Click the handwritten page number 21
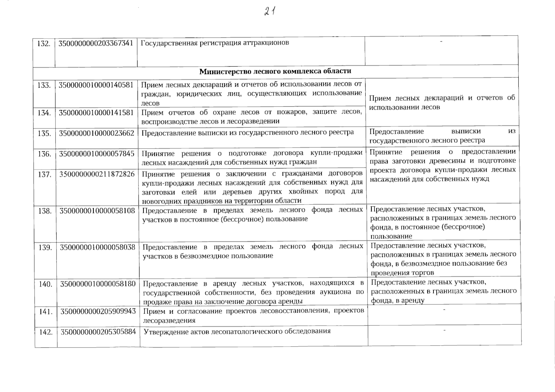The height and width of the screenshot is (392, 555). click(269, 12)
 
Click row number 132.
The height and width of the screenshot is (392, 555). click(44, 43)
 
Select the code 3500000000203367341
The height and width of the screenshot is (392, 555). click(96, 43)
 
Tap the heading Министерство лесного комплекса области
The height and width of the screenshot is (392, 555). click(275, 71)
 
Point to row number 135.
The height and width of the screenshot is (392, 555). click(44, 134)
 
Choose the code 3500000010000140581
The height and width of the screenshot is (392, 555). click(96, 85)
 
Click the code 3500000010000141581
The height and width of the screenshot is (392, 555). click(96, 113)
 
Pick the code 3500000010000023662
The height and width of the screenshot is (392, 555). click(96, 133)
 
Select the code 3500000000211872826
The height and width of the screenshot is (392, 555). click(97, 174)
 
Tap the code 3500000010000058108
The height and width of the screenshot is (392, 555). click(97, 211)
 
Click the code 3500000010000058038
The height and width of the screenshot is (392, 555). click(97, 247)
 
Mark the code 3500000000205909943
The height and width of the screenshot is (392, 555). click(98, 311)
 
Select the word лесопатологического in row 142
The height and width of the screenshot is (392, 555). click(247, 332)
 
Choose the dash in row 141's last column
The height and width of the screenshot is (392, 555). click(444, 309)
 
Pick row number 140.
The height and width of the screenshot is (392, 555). click(45, 284)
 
